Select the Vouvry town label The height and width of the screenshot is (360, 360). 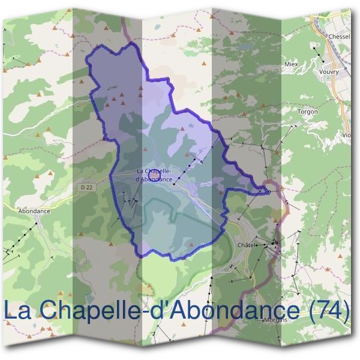(x=329, y=72)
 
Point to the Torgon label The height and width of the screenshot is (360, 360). (x=308, y=112)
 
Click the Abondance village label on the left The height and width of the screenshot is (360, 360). (x=34, y=211)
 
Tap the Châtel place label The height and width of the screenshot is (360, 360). (x=247, y=245)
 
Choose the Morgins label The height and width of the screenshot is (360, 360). (x=275, y=320)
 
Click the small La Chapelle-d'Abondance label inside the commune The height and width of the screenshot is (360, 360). (x=155, y=175)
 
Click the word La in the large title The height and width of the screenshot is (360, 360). (x=18, y=311)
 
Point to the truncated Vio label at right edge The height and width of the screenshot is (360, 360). (x=346, y=135)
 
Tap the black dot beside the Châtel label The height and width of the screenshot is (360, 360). (x=259, y=245)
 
